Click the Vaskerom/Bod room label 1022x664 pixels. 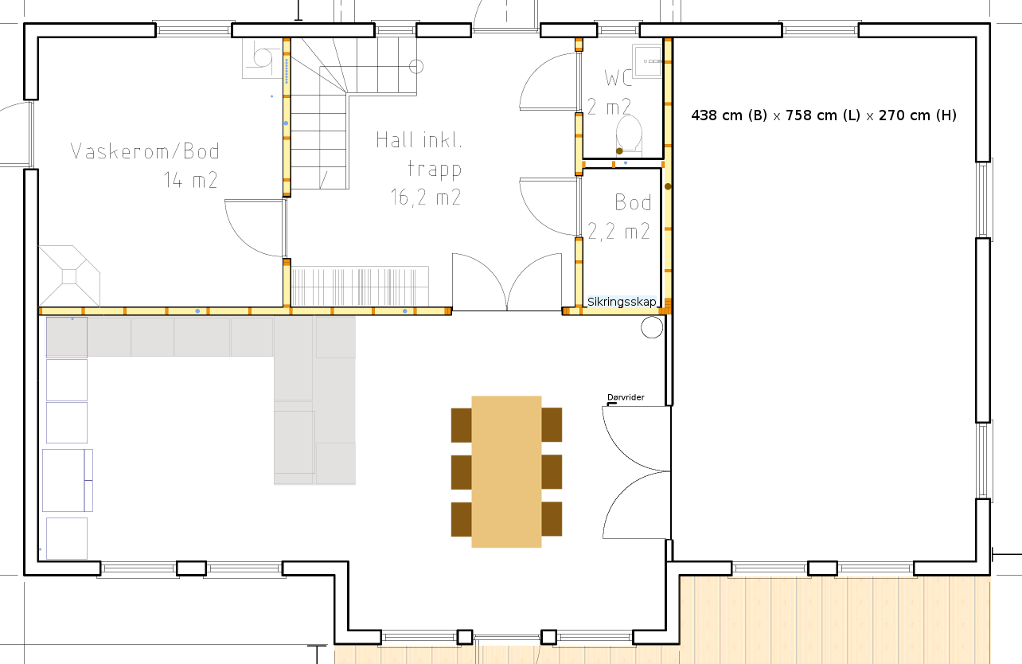pos(145,151)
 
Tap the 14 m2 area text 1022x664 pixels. pos(190,180)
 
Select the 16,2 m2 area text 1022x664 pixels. pos(426,197)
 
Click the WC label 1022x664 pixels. pos(618,78)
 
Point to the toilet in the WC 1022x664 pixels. pos(629,133)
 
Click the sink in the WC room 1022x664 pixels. pos(647,61)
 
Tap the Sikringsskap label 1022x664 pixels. pos(622,302)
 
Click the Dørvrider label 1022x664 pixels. pos(626,397)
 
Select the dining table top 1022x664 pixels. pos(506,471)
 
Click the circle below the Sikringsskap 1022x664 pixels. pos(652,327)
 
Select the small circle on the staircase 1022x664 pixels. pos(416,67)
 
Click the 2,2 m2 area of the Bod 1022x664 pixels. pos(618,232)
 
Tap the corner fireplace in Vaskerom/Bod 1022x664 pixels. pos(69,275)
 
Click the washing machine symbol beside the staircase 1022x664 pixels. pos(262,59)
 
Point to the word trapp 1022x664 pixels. pos(435,169)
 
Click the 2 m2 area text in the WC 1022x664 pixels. pos(609,107)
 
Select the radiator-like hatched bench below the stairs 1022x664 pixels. pos(360,286)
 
